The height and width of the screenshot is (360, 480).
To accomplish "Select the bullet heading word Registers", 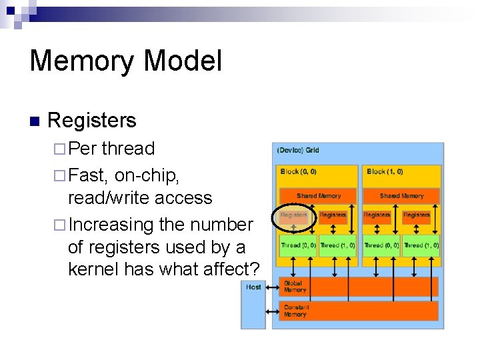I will tap(92, 121).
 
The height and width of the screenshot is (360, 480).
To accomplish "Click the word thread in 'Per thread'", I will tap(128, 149).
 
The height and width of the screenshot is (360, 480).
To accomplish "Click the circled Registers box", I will tap(293, 215).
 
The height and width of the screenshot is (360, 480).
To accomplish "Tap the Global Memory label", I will tap(295, 287).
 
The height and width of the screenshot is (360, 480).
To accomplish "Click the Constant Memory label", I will tap(296, 311).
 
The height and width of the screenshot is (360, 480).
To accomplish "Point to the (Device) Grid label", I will tap(298, 151).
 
